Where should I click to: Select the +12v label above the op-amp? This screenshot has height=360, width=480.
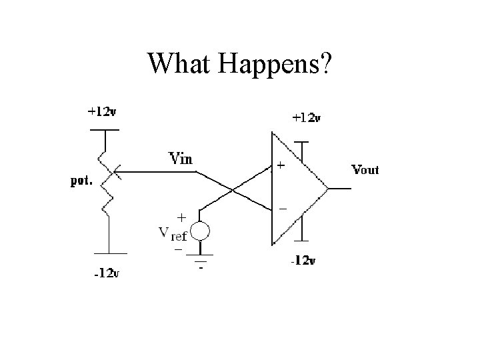(x=307, y=119)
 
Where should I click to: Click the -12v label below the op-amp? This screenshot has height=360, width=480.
(x=302, y=261)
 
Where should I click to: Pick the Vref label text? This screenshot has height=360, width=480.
(x=173, y=233)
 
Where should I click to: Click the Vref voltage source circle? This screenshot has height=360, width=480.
(x=201, y=231)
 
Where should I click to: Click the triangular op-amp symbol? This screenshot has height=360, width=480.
(x=297, y=189)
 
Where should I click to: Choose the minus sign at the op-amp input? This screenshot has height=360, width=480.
(x=282, y=209)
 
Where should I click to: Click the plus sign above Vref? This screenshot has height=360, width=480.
(x=181, y=217)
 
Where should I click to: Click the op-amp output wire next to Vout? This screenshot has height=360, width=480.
(x=339, y=189)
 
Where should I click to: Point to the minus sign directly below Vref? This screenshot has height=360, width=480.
(x=178, y=249)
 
